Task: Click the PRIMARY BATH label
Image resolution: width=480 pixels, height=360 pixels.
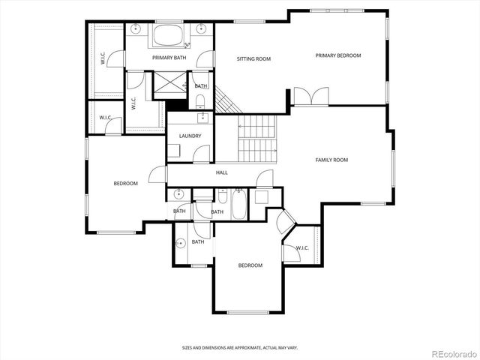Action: pyautogui.click(x=169, y=58)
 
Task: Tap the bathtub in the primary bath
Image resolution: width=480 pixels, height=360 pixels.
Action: pyautogui.click(x=169, y=36)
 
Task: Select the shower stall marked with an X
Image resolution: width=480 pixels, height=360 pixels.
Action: pyautogui.click(x=169, y=85)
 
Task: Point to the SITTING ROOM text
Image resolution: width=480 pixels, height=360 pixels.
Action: pyautogui.click(x=253, y=58)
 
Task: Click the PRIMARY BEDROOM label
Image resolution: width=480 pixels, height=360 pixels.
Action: pyautogui.click(x=337, y=55)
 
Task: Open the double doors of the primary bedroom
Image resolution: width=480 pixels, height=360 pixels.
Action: pyautogui.click(x=310, y=97)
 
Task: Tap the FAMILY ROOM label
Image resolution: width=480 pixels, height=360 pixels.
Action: pyautogui.click(x=331, y=160)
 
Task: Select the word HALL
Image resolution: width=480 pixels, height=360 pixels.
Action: pyautogui.click(x=222, y=172)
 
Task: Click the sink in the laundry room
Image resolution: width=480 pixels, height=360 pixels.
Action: pyautogui.click(x=202, y=117)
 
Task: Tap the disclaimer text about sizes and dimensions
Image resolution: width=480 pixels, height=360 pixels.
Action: pyautogui.click(x=239, y=348)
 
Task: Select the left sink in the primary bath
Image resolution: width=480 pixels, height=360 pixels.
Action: pyautogui.click(x=136, y=29)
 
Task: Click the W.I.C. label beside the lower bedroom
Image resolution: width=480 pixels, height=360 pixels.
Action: pyautogui.click(x=301, y=247)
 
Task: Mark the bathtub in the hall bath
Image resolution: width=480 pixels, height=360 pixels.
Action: pyautogui.click(x=238, y=204)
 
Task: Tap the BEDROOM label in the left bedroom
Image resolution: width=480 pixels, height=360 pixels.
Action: pyautogui.click(x=125, y=184)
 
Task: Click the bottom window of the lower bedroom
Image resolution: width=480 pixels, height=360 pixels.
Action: pyautogui.click(x=247, y=312)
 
